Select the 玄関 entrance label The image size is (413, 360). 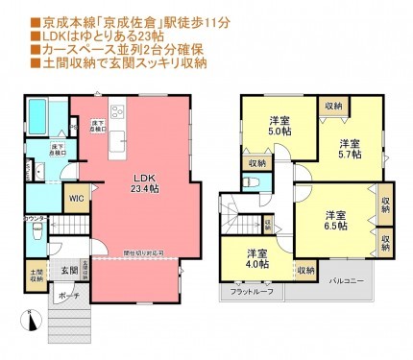(x=58, y=272)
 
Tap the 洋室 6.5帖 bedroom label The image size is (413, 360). (x=335, y=219)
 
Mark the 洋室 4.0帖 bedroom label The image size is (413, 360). (x=255, y=258)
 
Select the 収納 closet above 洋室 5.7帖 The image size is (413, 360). (x=332, y=106)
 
